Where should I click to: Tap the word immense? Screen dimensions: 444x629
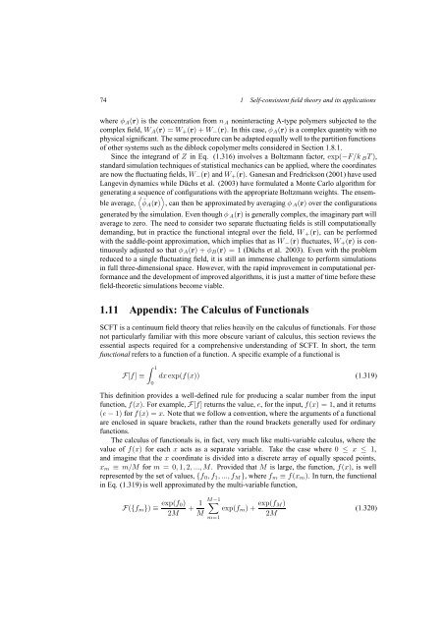point(254,284)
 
